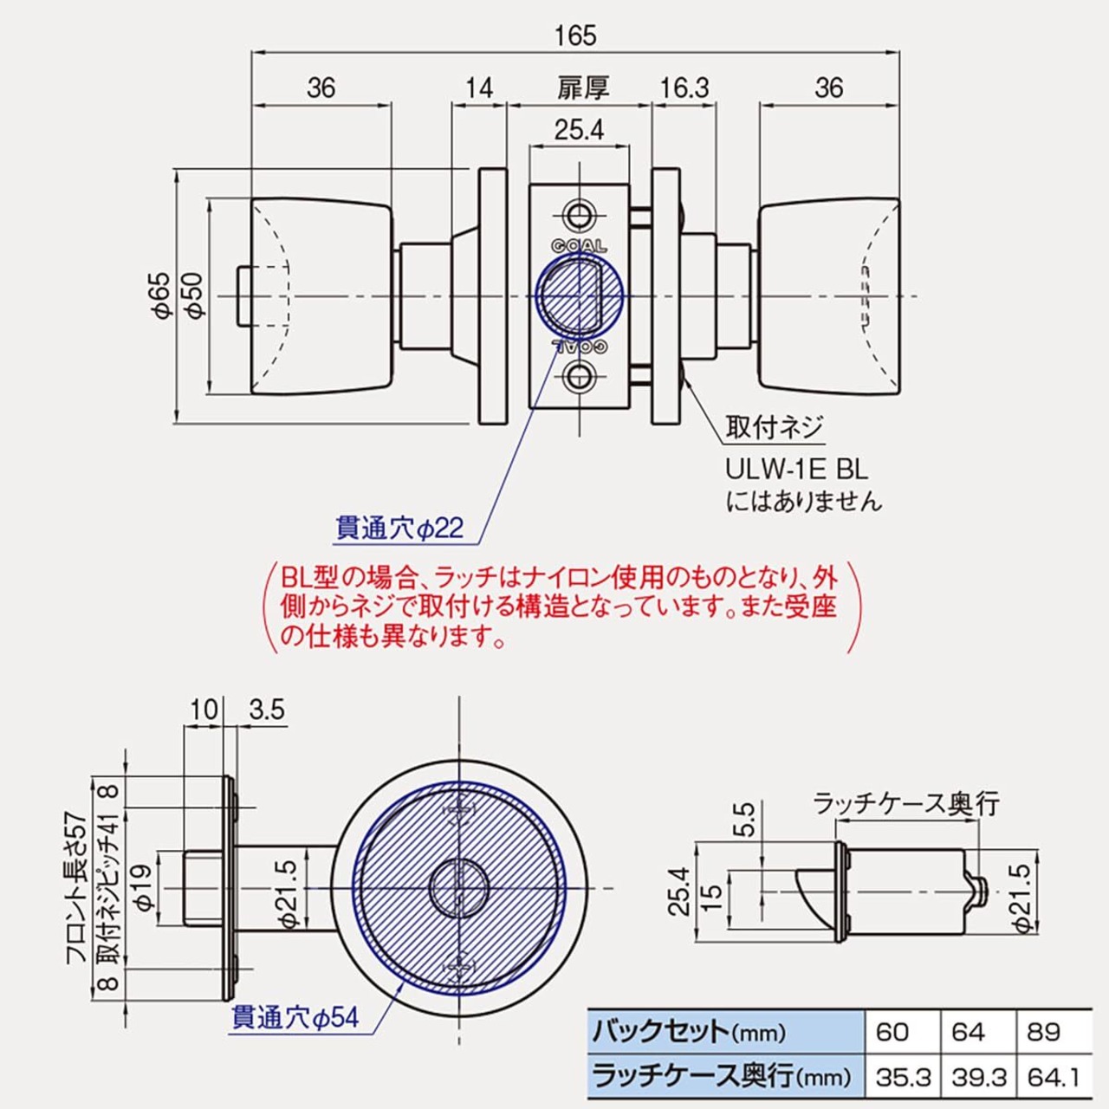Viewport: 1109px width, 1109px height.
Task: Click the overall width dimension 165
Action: tap(575, 36)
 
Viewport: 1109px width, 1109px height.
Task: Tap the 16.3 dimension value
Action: tap(684, 88)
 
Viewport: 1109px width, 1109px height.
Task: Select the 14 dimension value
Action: tap(479, 88)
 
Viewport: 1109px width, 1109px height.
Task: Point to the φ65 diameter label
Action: tap(163, 295)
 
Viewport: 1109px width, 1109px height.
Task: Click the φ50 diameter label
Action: tap(196, 295)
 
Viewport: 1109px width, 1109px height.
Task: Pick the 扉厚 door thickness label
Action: tap(582, 88)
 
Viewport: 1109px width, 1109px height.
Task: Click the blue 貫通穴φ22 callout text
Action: tap(400, 527)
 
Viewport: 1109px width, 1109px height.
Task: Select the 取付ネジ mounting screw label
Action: tap(774, 427)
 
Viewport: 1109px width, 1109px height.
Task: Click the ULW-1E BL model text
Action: tap(796, 470)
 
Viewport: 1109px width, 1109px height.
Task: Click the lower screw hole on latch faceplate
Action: tap(579, 378)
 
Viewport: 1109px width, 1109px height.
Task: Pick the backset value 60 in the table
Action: tap(892, 1031)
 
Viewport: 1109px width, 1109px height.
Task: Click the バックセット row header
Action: tap(690, 1032)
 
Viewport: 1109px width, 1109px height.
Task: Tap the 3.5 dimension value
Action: tap(267, 710)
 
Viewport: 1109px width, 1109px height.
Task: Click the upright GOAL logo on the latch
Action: tap(579, 246)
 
